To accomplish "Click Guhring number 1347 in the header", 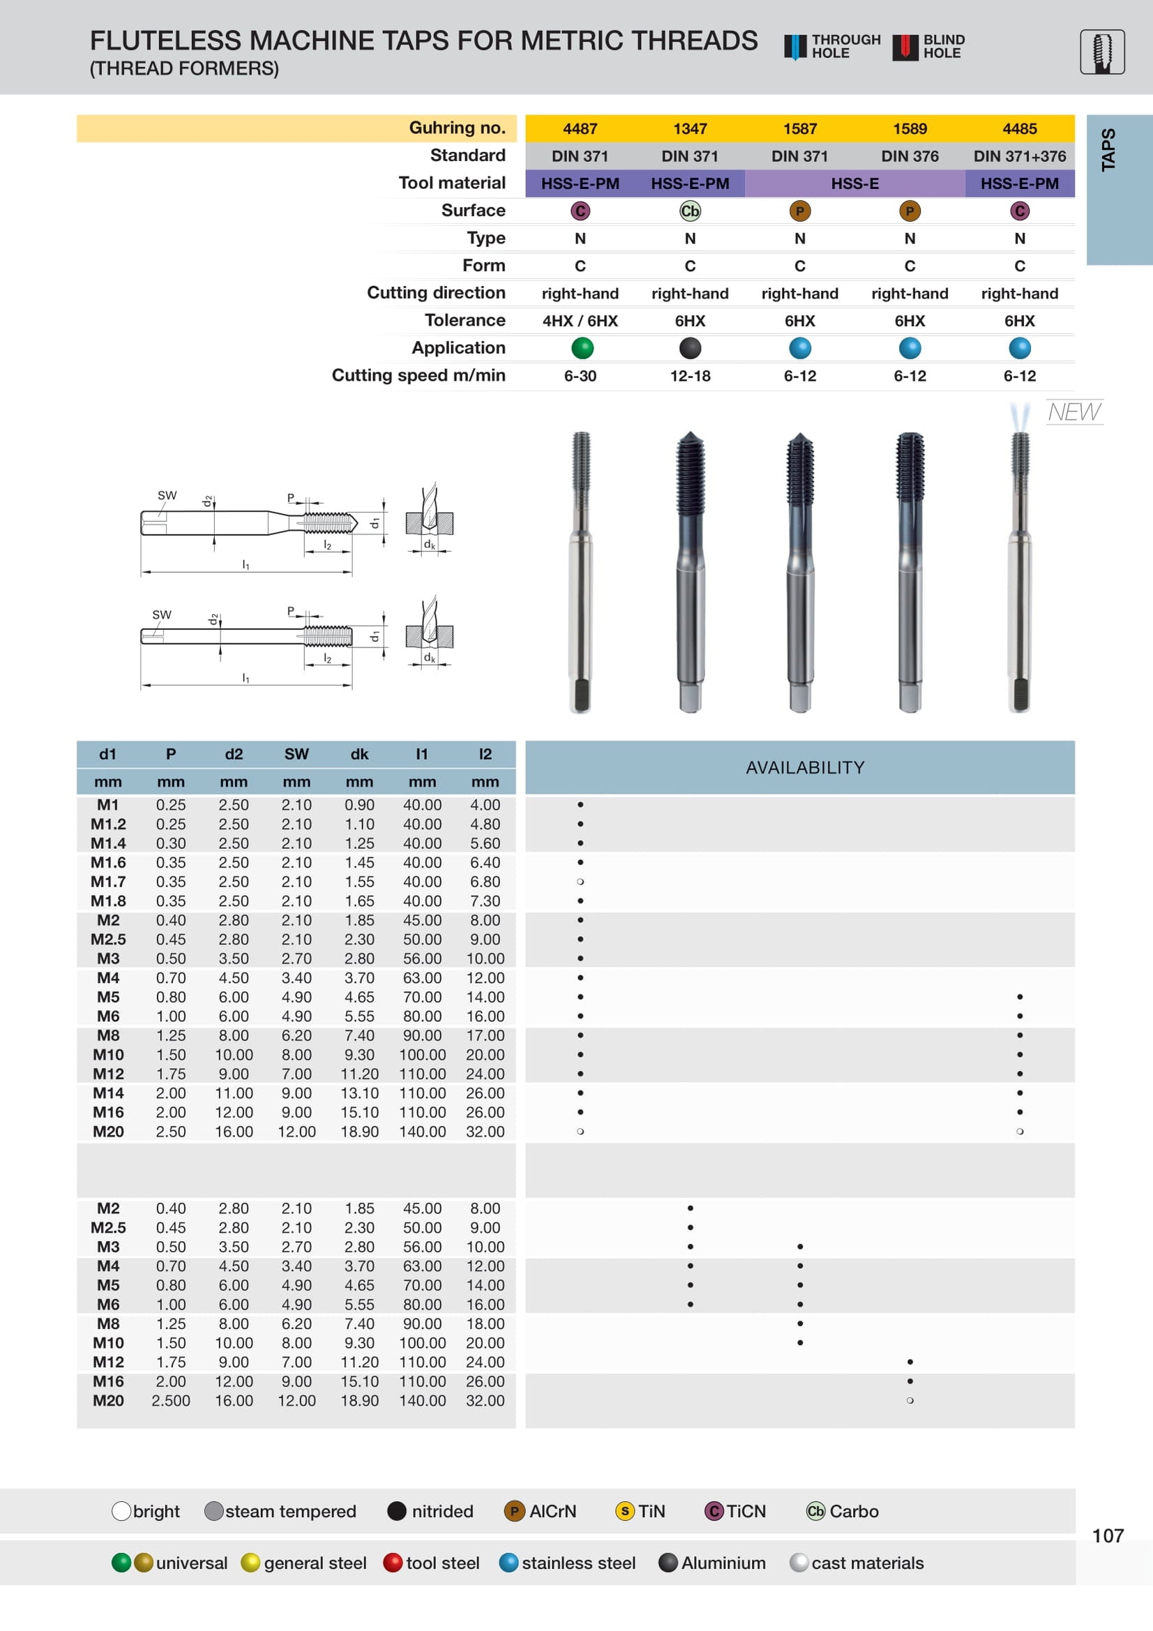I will click(690, 128).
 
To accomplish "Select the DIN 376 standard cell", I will click(910, 156).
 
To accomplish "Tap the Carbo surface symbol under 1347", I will click(690, 211).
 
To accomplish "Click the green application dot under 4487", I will click(582, 348).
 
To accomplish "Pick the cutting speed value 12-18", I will click(690, 376).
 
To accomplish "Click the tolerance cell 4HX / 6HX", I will click(580, 321).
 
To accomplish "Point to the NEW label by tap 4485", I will click(1073, 412).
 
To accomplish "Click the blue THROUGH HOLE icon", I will click(794, 47).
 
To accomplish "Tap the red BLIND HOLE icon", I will click(905, 47).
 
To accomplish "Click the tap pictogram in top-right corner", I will click(1101, 52).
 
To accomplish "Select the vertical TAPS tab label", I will click(1108, 150).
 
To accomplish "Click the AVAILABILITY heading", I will click(804, 768).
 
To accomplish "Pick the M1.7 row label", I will click(108, 882).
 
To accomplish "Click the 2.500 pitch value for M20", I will click(170, 1401).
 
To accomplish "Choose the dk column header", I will click(359, 754).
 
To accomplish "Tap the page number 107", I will click(1107, 1536).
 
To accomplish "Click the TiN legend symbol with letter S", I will click(624, 1511).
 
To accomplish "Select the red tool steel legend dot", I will click(392, 1563).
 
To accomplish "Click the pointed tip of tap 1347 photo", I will click(690, 434).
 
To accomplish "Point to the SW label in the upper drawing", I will click(167, 495).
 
